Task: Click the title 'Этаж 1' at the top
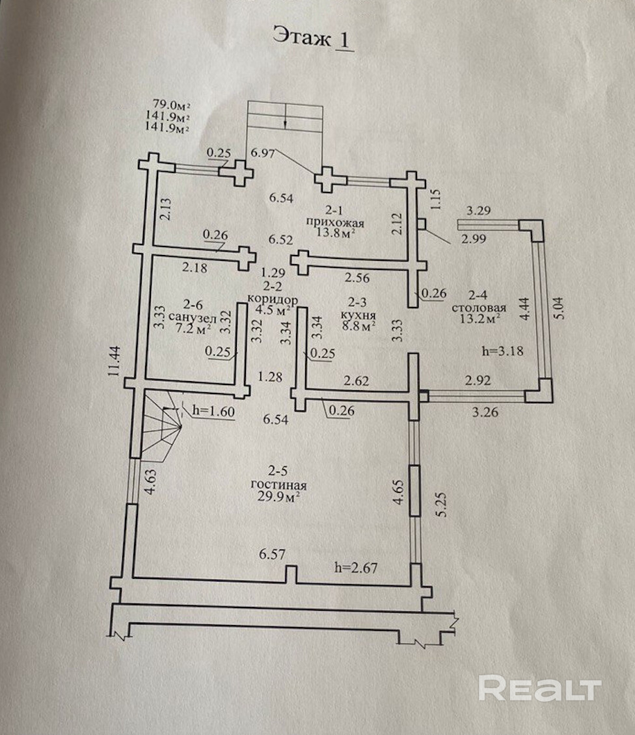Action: (x=313, y=37)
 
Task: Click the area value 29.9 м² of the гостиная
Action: (x=278, y=497)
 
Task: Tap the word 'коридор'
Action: (x=273, y=299)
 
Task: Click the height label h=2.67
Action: (x=357, y=567)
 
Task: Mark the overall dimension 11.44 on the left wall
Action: (x=113, y=361)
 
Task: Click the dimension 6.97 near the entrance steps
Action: (x=263, y=153)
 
